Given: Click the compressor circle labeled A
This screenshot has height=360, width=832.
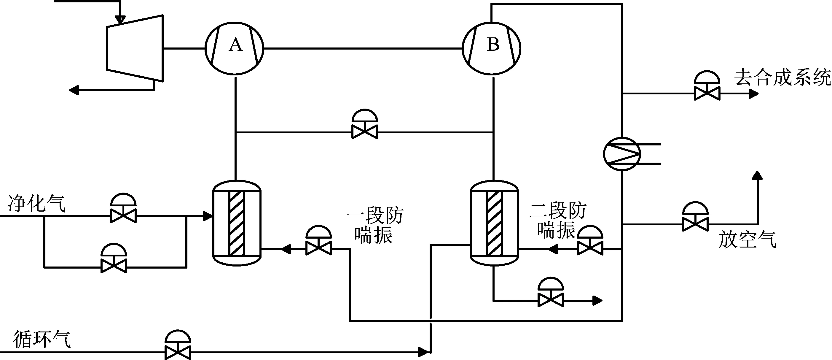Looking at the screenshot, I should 235,48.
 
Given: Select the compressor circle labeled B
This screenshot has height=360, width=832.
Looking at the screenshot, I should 492,48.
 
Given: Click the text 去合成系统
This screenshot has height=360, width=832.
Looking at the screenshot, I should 782,77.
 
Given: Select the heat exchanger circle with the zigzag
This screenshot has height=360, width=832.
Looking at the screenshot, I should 622,154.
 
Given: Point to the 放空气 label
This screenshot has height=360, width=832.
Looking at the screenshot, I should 747,240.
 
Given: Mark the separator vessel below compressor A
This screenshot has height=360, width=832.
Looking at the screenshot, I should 237,223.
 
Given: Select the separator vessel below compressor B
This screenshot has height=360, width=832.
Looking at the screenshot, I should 494,223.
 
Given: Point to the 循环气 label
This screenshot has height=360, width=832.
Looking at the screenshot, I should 42,339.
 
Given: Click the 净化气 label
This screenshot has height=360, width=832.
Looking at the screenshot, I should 36,204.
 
